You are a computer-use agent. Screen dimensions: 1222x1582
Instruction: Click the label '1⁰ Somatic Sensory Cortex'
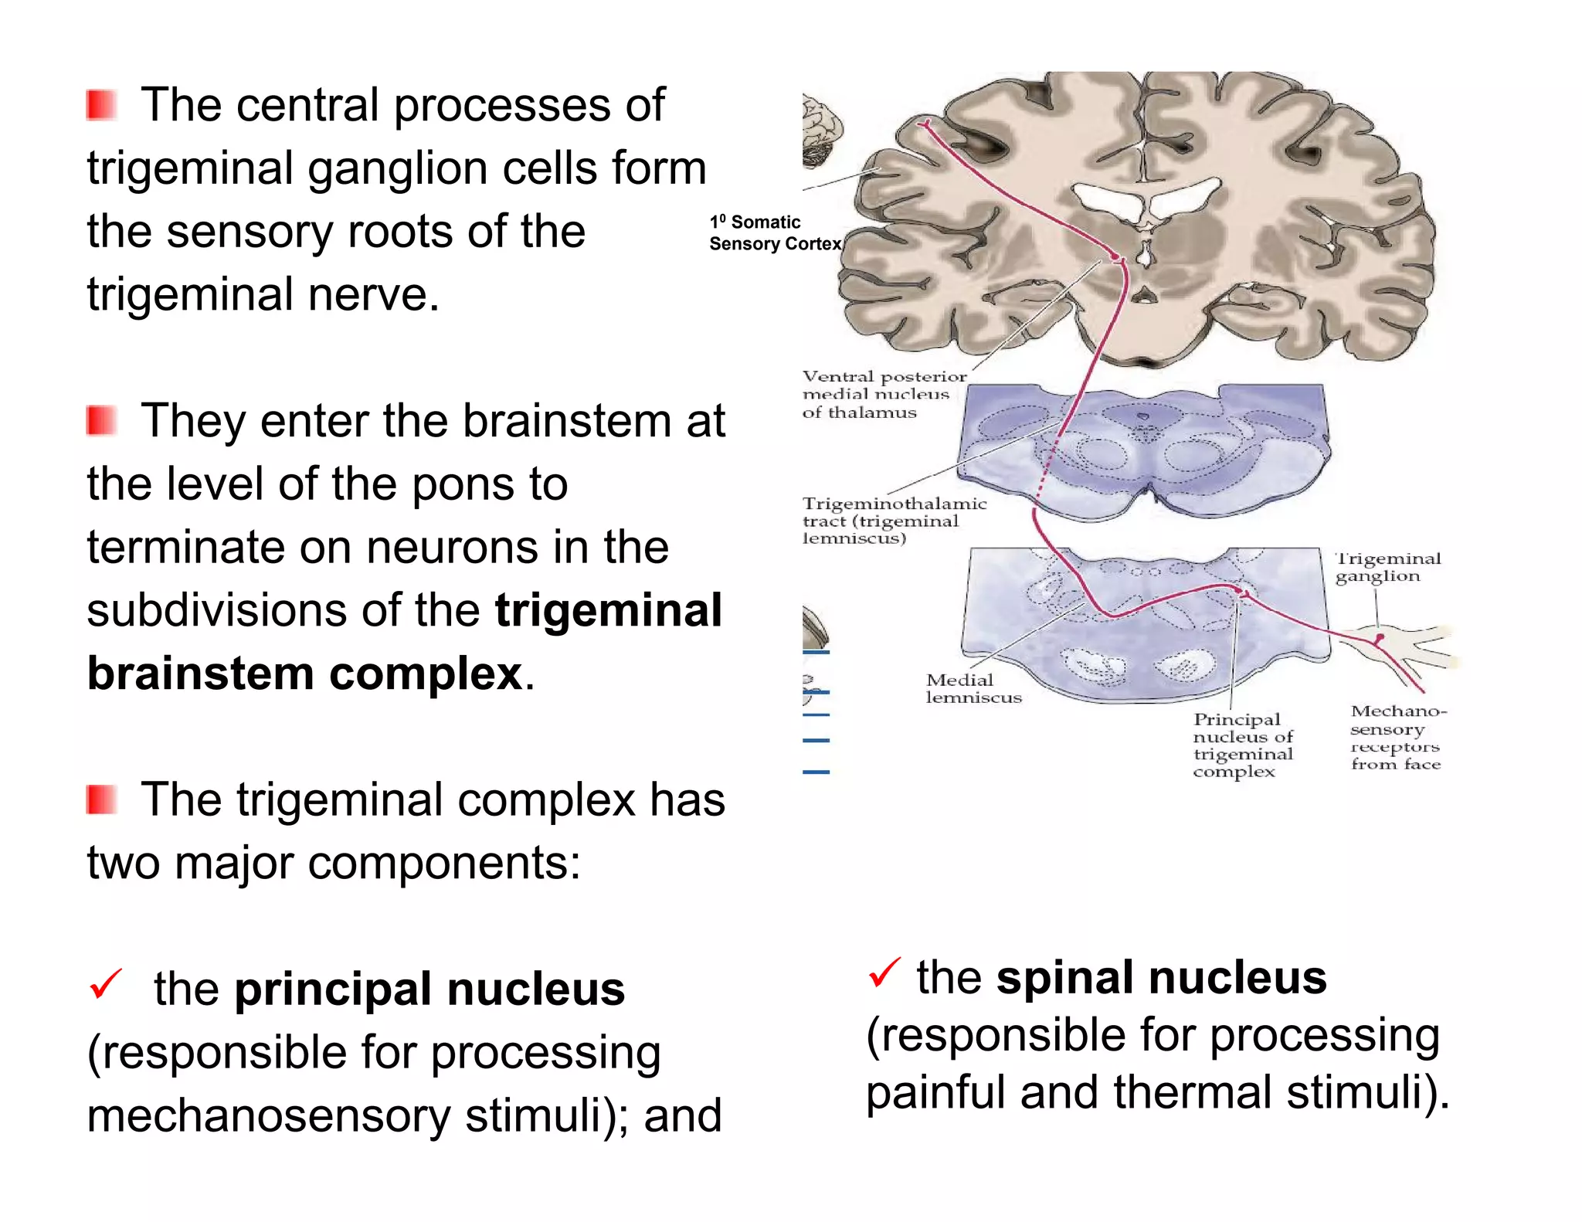point(774,233)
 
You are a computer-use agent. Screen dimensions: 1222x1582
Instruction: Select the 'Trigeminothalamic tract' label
point(893,521)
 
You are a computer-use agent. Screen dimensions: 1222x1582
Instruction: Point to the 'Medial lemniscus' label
point(973,688)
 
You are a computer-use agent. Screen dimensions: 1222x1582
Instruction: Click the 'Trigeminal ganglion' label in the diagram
point(1387,567)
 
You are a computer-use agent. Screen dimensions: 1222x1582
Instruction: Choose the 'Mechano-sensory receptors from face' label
point(1397,737)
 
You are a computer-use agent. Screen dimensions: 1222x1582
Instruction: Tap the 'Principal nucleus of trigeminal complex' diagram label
point(1242,745)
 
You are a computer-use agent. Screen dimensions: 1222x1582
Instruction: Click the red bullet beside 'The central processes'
point(101,105)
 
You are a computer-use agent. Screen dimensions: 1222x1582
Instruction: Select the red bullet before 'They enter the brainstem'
point(101,421)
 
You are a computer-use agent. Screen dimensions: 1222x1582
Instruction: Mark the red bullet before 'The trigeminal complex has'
point(101,799)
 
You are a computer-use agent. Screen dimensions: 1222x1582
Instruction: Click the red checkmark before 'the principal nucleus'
point(106,984)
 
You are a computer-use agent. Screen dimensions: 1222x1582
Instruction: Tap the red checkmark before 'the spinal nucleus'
point(884,973)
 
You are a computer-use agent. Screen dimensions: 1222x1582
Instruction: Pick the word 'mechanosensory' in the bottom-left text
point(270,1115)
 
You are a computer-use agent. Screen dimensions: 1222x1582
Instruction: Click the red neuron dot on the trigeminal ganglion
point(1379,639)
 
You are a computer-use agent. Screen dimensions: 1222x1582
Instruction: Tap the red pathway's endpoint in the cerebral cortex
point(925,124)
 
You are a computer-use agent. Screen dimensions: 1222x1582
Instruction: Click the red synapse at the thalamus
point(1115,256)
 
